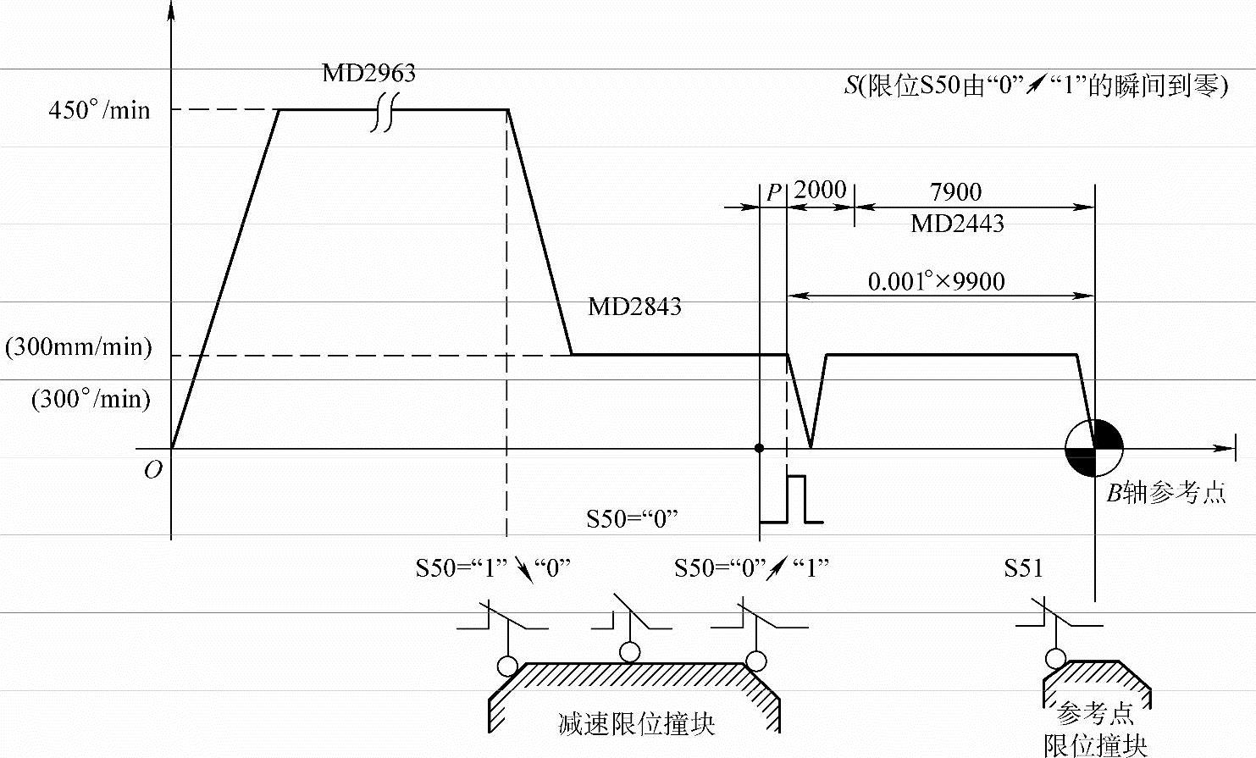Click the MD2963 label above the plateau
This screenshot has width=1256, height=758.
368,73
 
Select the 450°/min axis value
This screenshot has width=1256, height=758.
99,110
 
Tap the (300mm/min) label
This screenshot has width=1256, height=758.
79,347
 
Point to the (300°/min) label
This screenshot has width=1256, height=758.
91,399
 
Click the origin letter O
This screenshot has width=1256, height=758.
152,470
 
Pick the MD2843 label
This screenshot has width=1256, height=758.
634,307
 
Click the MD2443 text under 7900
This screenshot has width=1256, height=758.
957,224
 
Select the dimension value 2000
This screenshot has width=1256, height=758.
820,189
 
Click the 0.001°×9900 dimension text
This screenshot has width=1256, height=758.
936,281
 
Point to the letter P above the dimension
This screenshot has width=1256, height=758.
773,192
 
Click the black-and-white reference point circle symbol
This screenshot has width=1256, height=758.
1094,448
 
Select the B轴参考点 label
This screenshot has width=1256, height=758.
1165,493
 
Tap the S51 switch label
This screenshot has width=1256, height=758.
1024,568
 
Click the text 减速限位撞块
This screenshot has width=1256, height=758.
636,724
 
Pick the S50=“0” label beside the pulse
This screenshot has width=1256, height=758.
633,518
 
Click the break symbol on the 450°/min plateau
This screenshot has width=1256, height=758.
384,111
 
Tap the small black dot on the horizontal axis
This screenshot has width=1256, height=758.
760,448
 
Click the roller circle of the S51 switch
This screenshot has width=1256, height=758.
1055,658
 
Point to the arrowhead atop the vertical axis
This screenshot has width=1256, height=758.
171,12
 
